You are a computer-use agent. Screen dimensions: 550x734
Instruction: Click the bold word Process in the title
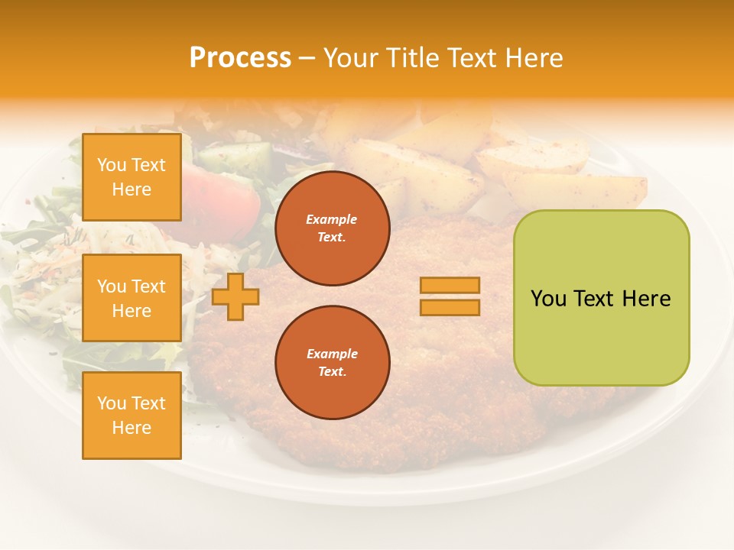click(x=240, y=58)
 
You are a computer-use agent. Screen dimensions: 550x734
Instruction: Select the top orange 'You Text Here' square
click(x=132, y=177)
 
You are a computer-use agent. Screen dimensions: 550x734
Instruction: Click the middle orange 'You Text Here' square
click(x=132, y=298)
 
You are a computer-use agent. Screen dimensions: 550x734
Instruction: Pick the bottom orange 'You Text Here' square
click(x=132, y=415)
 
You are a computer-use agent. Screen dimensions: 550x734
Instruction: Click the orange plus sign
click(x=235, y=296)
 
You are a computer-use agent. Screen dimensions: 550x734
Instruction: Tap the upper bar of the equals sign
click(x=450, y=285)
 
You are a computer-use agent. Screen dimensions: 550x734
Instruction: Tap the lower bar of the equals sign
click(x=450, y=307)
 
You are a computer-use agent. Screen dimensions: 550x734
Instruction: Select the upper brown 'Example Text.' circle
click(x=332, y=228)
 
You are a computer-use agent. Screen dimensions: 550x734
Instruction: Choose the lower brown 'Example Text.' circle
click(x=332, y=363)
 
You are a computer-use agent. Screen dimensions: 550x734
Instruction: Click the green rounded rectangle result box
click(x=601, y=297)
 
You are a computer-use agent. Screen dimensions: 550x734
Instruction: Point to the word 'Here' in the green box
click(x=646, y=299)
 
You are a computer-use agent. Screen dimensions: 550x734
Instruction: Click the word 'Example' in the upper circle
click(x=332, y=219)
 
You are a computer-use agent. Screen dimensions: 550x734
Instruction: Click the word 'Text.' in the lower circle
click(x=332, y=372)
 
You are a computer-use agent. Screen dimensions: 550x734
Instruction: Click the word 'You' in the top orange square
click(x=112, y=165)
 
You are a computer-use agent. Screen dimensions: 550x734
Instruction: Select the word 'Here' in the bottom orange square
click(x=132, y=428)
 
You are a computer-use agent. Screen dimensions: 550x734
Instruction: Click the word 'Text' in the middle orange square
click(x=148, y=286)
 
